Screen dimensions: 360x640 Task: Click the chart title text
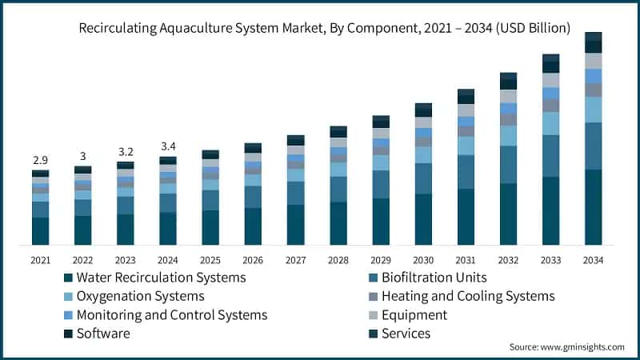pos(324,28)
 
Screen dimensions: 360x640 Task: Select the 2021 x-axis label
pos(40,260)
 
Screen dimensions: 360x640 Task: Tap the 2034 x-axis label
pos(593,260)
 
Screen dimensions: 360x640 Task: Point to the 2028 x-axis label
pos(338,260)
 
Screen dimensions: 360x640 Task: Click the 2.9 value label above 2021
pos(40,161)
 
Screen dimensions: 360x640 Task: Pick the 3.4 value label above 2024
pos(167,146)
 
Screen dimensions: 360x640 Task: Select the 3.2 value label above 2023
pos(125,150)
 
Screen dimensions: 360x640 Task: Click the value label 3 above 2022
pos(82,156)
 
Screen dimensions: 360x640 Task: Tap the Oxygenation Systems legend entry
pos(140,296)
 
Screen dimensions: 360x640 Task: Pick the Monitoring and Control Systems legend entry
pos(171,315)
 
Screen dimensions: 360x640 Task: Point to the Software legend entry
pos(102,334)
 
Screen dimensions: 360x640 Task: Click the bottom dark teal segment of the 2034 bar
pos(593,208)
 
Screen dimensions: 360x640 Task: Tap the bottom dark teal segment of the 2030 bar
pos(423,220)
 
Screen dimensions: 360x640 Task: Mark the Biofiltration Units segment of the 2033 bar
pos(550,156)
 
